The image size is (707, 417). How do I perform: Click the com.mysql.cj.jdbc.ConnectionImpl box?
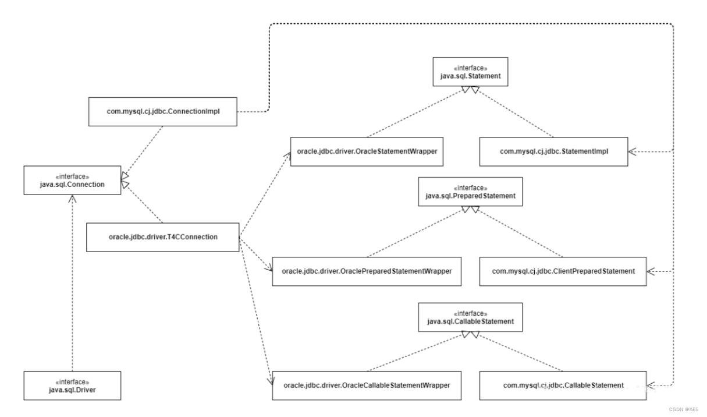163,112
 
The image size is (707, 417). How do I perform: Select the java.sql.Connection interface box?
72,181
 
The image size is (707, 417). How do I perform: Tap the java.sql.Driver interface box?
72,386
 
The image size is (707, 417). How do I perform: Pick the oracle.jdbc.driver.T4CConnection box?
163,237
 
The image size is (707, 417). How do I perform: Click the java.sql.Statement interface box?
470,72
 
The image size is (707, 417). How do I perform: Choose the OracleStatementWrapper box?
367,151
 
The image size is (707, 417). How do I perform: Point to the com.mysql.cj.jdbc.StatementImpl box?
554,151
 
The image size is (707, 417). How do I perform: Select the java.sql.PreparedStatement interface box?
470,192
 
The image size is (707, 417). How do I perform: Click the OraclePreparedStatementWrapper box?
367,271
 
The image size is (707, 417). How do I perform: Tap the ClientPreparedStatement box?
563,271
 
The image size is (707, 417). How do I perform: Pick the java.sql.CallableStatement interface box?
470,317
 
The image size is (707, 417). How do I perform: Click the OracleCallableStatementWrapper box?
367,386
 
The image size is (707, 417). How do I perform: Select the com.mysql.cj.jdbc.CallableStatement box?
563,386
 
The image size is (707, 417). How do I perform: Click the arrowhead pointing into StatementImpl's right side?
632,151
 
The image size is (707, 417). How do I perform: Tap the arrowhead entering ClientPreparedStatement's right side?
651,271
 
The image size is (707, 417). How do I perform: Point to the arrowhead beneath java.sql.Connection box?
73,199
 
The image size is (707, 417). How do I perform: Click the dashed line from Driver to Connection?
73,283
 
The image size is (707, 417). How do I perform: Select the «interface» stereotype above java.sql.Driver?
72,382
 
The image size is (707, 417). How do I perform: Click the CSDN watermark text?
684,409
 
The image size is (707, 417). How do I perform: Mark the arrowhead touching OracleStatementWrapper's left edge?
287,156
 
